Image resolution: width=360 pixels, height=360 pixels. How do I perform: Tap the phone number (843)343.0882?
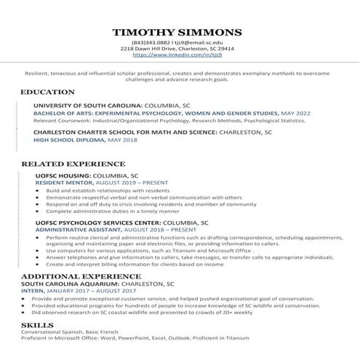tap(150, 43)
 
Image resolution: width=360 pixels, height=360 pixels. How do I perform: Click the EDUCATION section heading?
tap(47, 92)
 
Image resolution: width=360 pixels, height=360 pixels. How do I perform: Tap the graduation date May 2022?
tap(295, 113)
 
